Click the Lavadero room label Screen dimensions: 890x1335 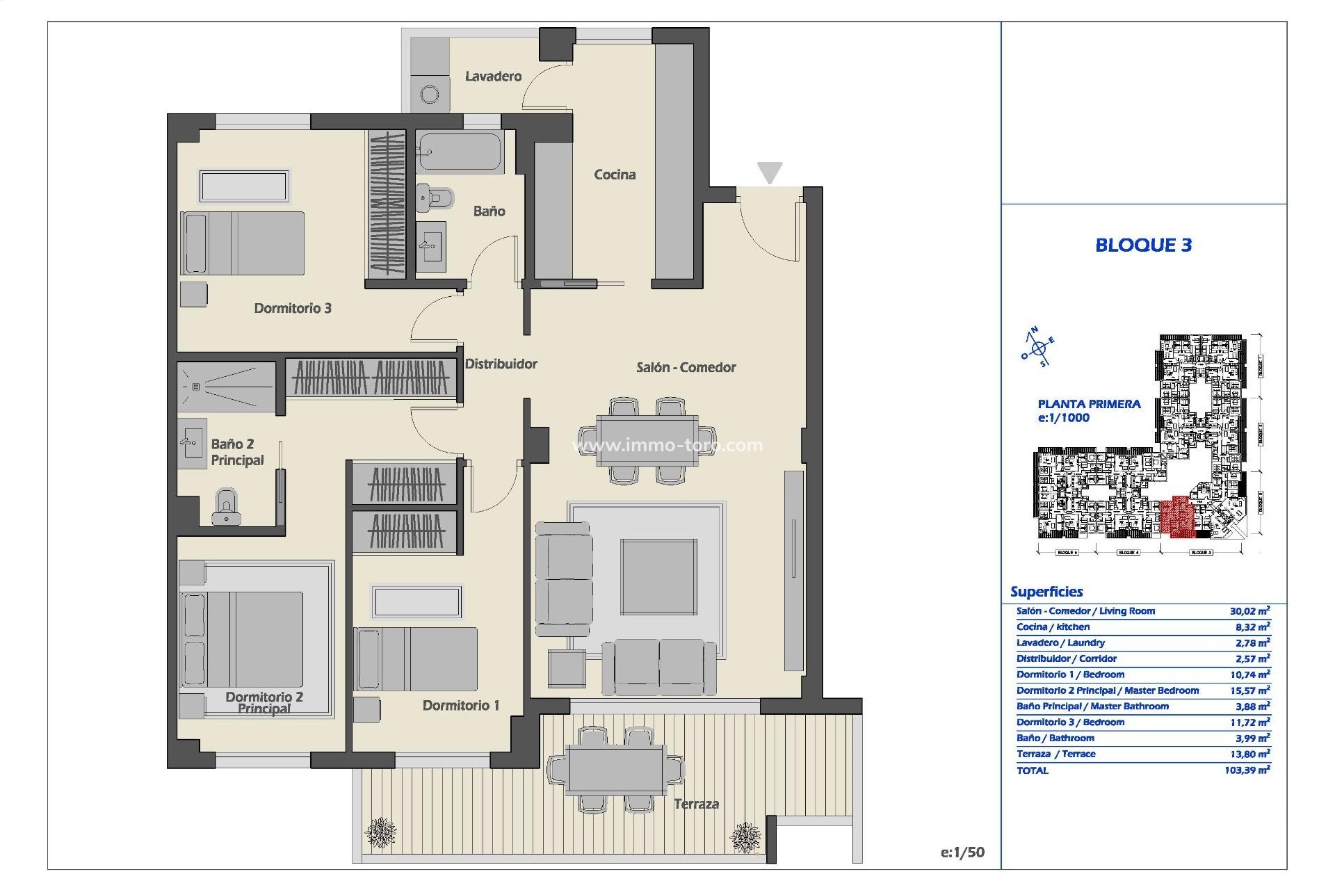[493, 76]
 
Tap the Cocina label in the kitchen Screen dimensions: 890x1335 [614, 175]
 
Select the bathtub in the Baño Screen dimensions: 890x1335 [460, 152]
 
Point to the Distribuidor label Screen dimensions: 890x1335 [501, 364]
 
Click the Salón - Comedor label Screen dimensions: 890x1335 [686, 367]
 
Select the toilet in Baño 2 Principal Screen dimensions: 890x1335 [225, 507]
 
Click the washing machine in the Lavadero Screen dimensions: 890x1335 [430, 95]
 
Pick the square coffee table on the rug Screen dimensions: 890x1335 [658, 576]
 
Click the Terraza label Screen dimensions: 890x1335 [696, 804]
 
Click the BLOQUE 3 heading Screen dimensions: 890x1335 [1143, 245]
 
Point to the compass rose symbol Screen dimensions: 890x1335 [1038, 348]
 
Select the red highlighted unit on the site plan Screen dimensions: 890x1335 [1177, 517]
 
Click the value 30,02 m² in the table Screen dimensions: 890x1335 [1249, 611]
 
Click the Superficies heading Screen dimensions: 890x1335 [1046, 592]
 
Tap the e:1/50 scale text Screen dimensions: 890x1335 [962, 852]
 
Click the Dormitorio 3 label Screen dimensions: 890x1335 [292, 308]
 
